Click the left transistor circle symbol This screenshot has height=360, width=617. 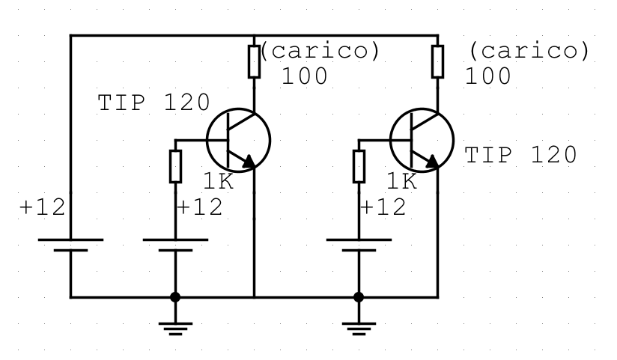point(238,139)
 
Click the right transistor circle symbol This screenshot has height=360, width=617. point(422,139)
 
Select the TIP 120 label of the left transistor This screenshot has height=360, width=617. point(154,103)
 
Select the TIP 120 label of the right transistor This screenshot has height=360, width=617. point(521,155)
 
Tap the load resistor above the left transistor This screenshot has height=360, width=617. point(255,61)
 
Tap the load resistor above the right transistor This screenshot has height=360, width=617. point(438,61)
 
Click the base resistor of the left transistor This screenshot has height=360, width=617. point(175,166)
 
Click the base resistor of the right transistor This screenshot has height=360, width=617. point(359,166)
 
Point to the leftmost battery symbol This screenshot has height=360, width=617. point(70,245)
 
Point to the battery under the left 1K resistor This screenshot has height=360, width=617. point(175,245)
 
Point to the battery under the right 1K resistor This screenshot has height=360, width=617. point(359,245)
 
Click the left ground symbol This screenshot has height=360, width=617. point(175,327)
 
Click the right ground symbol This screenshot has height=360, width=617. point(359,327)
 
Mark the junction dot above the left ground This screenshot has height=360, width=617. point(175,297)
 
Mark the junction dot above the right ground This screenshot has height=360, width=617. point(359,297)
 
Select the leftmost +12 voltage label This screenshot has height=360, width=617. point(42,207)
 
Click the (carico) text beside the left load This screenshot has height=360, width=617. point(324,51)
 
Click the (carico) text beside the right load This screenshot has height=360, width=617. point(529,51)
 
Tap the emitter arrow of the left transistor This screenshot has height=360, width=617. point(248,159)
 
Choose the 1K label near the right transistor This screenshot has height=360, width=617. point(402,180)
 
